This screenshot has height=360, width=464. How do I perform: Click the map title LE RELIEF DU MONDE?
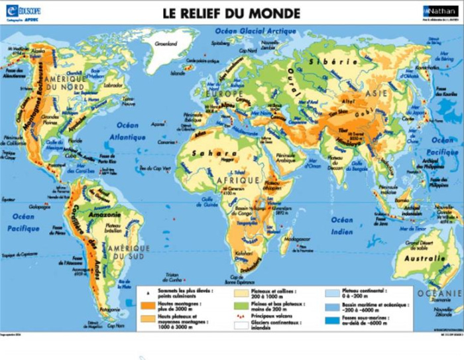[231, 13]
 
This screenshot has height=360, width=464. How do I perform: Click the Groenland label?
[167, 45]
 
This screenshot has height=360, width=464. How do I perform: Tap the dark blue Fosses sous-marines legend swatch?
[333, 320]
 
